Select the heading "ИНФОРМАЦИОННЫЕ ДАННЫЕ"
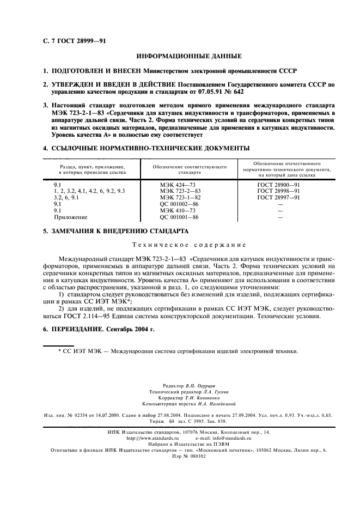(x=180, y=57)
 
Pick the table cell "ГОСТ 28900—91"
(x=279, y=185)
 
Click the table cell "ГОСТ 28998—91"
(x=279, y=192)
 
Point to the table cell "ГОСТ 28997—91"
(x=279, y=198)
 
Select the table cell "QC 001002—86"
(x=176, y=204)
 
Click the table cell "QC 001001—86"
(x=176, y=217)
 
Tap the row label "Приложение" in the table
(x=69, y=217)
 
